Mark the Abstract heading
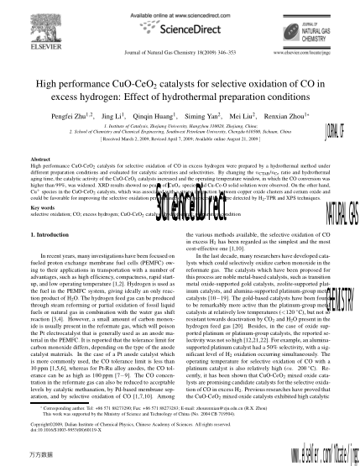(41, 157)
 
